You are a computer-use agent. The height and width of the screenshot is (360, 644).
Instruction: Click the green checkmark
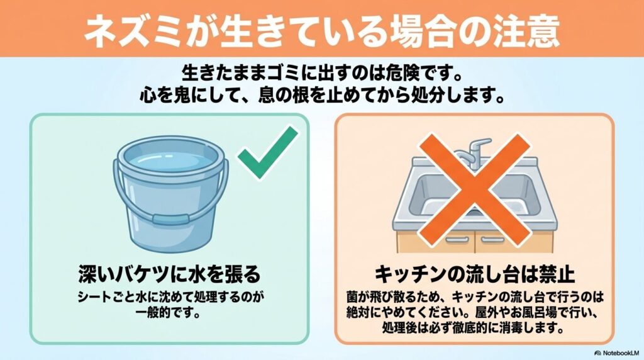[267, 154]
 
